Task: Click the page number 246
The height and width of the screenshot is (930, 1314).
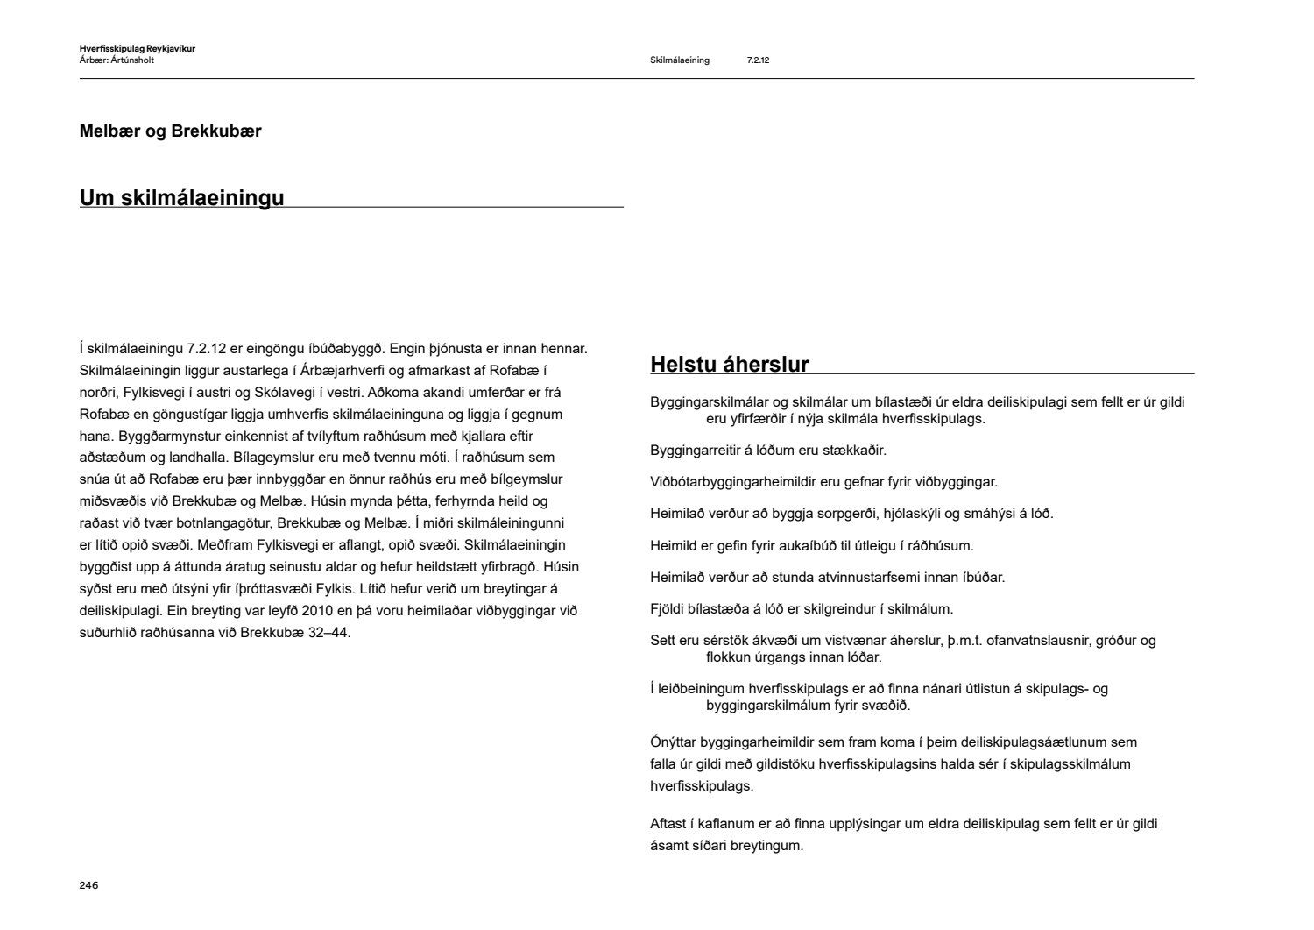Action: (88, 885)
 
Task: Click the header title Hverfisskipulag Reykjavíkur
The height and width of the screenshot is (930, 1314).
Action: (137, 49)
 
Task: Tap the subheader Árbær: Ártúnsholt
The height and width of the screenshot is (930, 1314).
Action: (117, 60)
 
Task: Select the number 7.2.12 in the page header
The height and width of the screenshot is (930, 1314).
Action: (758, 60)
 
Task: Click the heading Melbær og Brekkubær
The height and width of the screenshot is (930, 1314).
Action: (170, 131)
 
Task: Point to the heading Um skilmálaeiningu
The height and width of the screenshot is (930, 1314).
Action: (181, 197)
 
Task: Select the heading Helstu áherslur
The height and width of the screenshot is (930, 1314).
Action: (729, 364)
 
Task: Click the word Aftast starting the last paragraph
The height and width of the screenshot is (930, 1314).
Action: (669, 824)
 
